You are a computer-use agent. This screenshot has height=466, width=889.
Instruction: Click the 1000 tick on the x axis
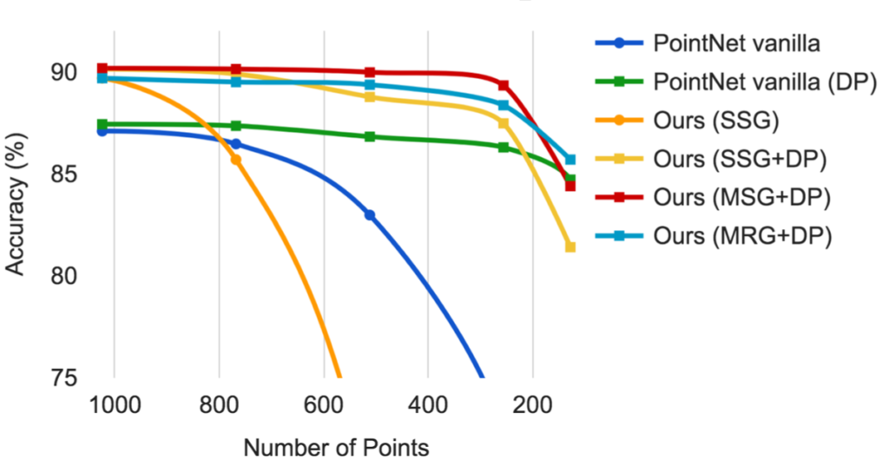[x=114, y=406]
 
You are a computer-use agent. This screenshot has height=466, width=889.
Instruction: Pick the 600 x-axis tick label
[x=323, y=406]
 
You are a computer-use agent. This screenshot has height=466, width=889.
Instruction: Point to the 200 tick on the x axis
[x=532, y=406]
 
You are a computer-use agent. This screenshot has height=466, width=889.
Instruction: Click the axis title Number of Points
[x=336, y=448]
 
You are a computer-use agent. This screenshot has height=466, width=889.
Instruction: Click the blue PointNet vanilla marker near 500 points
[x=370, y=214]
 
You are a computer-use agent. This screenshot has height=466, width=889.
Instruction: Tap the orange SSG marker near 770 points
[x=235, y=160]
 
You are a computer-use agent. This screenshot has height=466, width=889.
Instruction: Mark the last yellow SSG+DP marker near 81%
[x=570, y=247]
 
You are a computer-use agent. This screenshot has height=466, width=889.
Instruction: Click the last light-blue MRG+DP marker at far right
[x=570, y=160]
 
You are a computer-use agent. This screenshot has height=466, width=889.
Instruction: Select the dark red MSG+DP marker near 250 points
[x=504, y=85]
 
